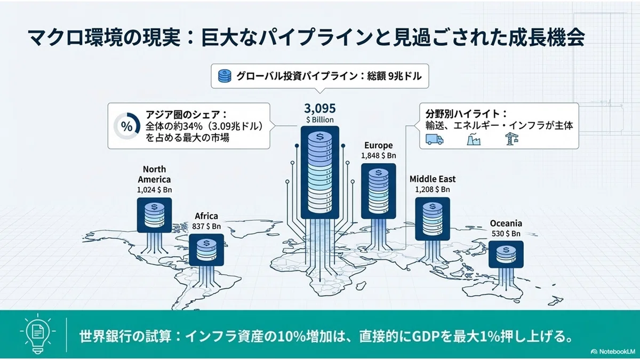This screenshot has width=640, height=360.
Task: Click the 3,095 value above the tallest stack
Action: click(x=319, y=109)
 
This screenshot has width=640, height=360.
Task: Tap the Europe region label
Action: click(x=379, y=146)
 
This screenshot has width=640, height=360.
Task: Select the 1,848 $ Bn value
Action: click(x=379, y=156)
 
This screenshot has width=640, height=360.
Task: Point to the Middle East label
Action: click(x=433, y=179)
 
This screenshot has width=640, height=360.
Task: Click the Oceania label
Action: click(x=506, y=223)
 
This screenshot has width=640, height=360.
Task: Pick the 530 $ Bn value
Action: click(x=506, y=234)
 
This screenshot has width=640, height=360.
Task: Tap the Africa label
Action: click(x=206, y=215)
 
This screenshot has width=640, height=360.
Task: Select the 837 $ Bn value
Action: click(x=206, y=226)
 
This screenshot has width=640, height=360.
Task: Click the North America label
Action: click(x=154, y=174)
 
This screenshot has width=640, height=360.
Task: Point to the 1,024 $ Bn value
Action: click(x=154, y=190)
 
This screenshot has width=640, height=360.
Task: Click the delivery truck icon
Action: click(x=435, y=139)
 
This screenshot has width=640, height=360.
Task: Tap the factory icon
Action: click(x=474, y=139)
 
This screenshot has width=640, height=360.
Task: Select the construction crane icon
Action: click(x=512, y=139)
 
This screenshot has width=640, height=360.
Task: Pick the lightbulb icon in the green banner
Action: click(x=38, y=333)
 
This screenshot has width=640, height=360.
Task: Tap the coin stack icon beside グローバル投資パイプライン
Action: click(x=225, y=76)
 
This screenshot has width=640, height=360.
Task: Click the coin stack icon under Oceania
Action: click(x=506, y=254)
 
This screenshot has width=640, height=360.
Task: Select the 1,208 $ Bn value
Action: click(x=433, y=189)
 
